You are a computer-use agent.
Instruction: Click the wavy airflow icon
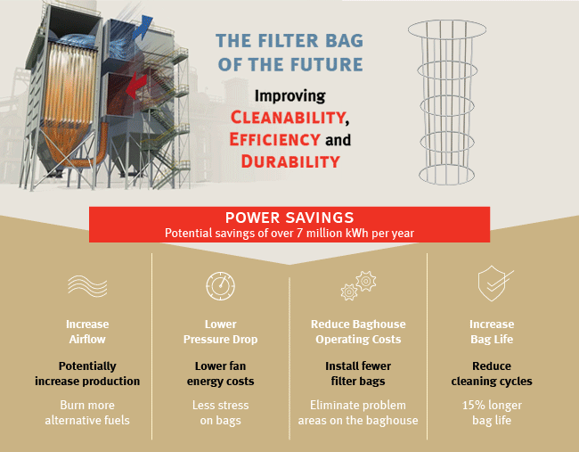click(86, 285)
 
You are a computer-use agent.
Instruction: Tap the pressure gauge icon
click(220, 286)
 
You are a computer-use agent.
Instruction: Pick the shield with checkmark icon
click(492, 284)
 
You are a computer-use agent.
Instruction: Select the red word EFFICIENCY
click(273, 140)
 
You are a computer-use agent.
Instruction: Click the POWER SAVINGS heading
click(289, 218)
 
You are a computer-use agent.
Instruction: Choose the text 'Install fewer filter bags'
click(357, 374)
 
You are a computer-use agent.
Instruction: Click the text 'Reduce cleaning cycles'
click(492, 374)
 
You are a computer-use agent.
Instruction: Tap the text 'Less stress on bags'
click(221, 412)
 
